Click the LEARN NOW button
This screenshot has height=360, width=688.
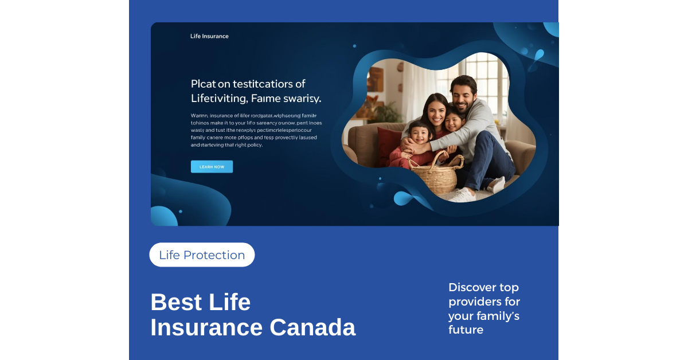[x=212, y=167]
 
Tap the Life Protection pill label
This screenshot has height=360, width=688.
[x=202, y=255]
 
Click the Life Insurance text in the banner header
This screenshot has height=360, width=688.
[x=209, y=36]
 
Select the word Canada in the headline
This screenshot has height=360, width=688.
[x=312, y=327]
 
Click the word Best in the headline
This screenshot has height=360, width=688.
[x=176, y=302]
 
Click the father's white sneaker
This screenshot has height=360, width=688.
[x=464, y=195]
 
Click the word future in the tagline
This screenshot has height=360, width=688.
[x=466, y=330]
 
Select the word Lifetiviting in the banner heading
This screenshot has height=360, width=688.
[x=220, y=99]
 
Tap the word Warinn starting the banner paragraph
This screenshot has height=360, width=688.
[x=199, y=116]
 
